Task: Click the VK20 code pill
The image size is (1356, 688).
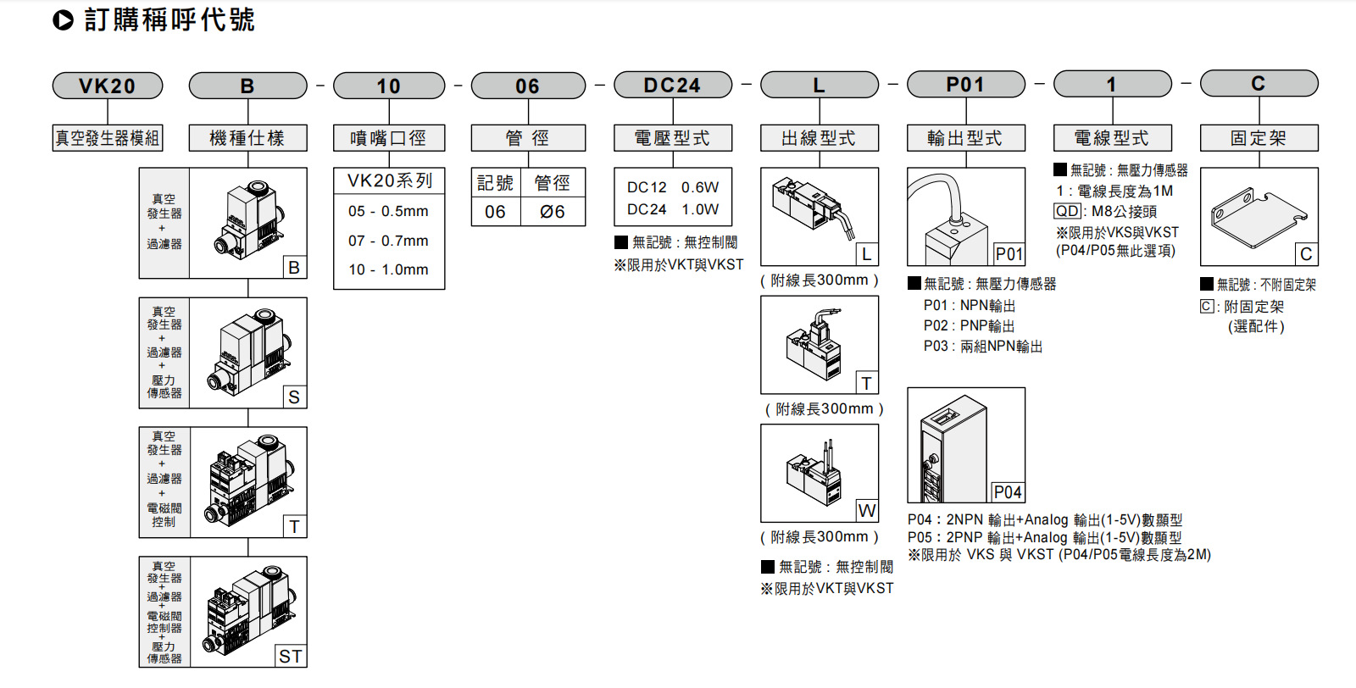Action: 108,86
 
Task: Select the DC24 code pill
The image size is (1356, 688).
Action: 672,86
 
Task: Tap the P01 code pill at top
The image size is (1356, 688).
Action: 965,85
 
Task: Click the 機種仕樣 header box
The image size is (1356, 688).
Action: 247,138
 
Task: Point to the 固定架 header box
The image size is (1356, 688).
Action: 1259,138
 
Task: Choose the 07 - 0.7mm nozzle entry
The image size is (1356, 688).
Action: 388,241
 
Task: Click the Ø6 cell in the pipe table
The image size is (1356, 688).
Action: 553,212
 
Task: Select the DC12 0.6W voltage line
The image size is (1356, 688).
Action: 672,187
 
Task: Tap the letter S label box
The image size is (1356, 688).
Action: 294,397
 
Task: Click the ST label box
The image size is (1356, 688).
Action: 291,656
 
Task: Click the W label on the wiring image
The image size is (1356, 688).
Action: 866,510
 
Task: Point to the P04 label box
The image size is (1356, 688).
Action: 1008,492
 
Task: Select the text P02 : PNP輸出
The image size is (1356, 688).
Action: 969,326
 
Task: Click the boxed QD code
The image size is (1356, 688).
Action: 1068,212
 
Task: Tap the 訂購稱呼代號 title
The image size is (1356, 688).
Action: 169,19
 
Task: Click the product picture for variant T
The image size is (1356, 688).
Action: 248,480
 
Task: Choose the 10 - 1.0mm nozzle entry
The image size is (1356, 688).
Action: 388,269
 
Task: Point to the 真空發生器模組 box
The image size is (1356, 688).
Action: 108,138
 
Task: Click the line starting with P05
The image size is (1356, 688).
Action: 1044,537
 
